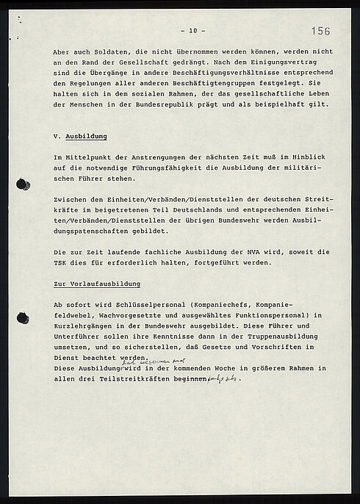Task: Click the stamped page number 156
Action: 320,31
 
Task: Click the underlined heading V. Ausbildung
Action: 81,137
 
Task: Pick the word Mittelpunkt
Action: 90,158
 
